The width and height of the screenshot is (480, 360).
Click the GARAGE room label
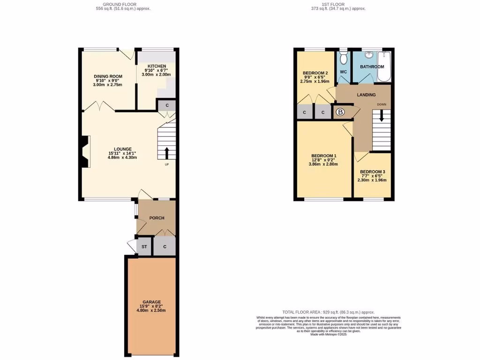[x=151, y=302]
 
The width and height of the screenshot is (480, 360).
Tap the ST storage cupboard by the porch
[x=144, y=247]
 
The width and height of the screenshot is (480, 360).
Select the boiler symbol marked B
[x=340, y=112]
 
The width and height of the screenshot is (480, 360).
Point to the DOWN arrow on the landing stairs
[x=381, y=115]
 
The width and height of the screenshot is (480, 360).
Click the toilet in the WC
[x=343, y=58]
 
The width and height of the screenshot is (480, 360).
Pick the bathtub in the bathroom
[x=386, y=67]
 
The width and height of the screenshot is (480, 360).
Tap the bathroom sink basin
[x=370, y=55]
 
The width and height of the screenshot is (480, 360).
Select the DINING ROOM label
[x=108, y=76]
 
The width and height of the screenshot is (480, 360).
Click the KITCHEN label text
[x=157, y=66]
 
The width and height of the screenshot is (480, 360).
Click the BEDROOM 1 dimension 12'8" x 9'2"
[x=324, y=160]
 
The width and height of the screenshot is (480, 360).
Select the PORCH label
[x=157, y=218]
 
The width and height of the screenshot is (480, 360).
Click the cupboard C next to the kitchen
[x=167, y=105]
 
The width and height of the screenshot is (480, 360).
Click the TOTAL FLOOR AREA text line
[x=328, y=312]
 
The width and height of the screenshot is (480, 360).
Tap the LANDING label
[x=366, y=95]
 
